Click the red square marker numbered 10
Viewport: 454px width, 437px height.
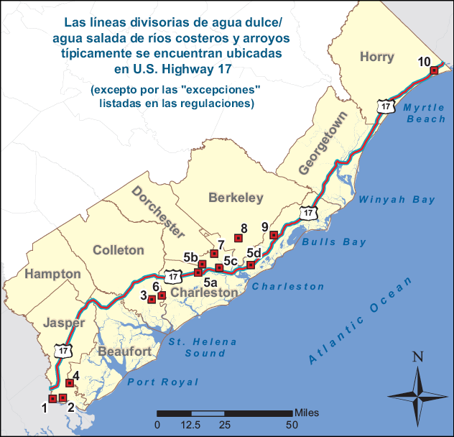434,70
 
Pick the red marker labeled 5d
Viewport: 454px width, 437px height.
251,265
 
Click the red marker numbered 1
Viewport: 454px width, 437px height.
52,399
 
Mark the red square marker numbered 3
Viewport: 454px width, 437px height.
152,299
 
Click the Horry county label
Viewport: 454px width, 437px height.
378,56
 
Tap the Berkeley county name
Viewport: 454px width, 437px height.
236,198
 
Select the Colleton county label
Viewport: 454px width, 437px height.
119,250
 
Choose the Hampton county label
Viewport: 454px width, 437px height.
52,274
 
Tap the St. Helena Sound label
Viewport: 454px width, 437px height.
196,348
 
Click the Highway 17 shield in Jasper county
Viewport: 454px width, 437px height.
64,351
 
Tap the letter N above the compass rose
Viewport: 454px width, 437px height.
417,357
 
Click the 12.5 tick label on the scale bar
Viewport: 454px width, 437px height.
190,425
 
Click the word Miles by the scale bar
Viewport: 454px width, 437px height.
307,413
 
